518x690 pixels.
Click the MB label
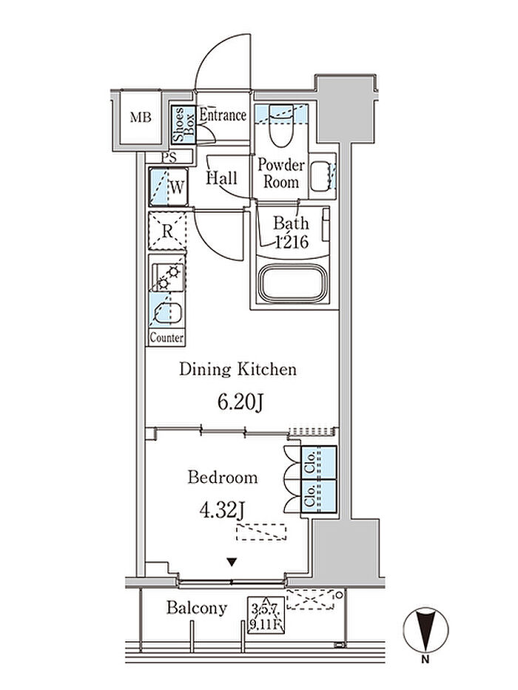pos(141,118)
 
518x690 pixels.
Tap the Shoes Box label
pos(184,124)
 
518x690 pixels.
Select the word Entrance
pos(223,115)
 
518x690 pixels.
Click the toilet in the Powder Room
pos(280,125)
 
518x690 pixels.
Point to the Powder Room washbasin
pos(321,175)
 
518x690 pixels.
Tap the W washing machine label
pos(177,188)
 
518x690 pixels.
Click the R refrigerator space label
pos(167,231)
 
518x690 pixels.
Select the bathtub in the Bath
pos(293,283)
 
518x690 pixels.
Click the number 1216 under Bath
pos(292,242)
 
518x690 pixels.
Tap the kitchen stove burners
pos(168,277)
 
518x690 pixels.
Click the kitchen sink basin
pos(168,314)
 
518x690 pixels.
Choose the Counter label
pos(166,338)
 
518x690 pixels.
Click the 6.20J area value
pos(240,402)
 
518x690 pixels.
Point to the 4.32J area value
pos(222,511)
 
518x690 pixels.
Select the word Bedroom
pos(223,478)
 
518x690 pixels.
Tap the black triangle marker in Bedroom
pos(232,562)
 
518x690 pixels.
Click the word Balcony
pos(197,608)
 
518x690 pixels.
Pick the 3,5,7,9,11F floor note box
pos(266,615)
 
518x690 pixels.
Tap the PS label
pos(169,157)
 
